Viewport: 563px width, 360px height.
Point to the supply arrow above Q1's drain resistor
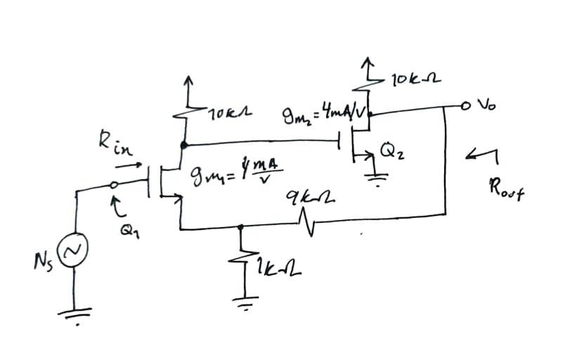pyautogui.click(x=187, y=84)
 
